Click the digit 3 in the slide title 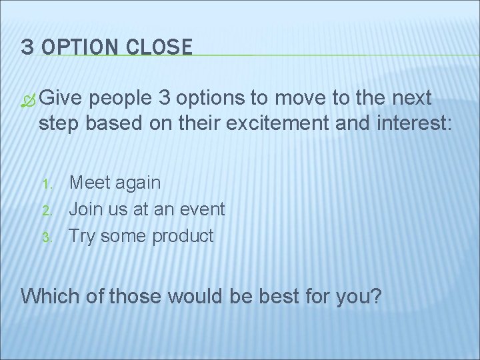27,47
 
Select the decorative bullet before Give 29,101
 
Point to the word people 121,99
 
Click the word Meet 91,182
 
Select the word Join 86,209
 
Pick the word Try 83,236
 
